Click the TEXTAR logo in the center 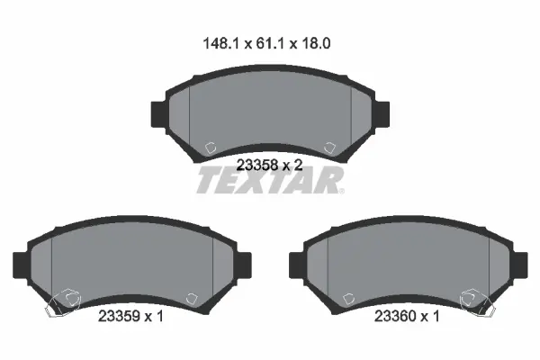point(270,180)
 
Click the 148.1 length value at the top point(220,44)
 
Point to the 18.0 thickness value point(316,44)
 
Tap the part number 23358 point(257,166)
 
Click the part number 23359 point(119,316)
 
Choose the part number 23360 point(395,316)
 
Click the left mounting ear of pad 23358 point(158,114)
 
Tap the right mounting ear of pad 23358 point(382,114)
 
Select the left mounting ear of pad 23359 point(20,265)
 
